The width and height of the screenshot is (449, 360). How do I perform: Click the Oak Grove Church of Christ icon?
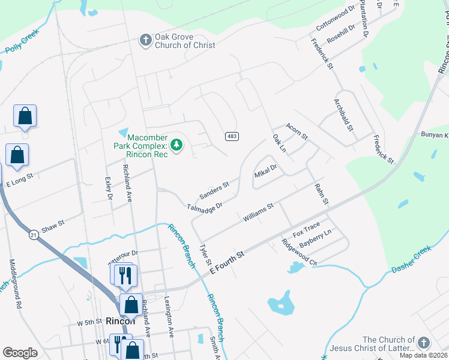click(145, 40)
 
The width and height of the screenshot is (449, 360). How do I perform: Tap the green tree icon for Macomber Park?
click(176, 145)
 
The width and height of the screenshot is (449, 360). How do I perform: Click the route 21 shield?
click(34, 236)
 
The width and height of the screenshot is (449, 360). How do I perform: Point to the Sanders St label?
click(214, 191)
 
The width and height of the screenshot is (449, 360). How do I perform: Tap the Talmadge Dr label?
click(205, 207)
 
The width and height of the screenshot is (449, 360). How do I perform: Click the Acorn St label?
click(297, 130)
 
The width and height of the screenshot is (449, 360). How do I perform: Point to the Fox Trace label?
click(306, 229)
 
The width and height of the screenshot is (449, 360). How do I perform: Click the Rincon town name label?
click(120, 321)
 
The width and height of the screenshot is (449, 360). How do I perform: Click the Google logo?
click(20, 352)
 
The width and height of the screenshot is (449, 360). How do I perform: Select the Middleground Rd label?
click(15, 284)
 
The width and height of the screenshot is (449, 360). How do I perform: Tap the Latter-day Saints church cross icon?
click(424, 343)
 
